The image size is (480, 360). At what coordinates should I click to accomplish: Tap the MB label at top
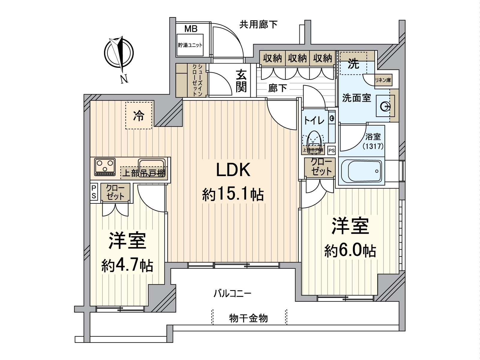click(x=191, y=29)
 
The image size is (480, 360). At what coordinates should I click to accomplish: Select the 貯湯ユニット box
click(x=190, y=45)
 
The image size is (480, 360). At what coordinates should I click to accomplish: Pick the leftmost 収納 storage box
click(x=272, y=58)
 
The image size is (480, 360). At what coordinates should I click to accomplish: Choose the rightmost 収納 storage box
click(x=322, y=58)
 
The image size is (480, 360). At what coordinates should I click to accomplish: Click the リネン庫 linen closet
click(x=383, y=80)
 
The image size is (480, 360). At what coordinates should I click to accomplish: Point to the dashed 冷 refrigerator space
click(x=139, y=115)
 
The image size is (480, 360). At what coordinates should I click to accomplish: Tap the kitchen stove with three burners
click(x=105, y=166)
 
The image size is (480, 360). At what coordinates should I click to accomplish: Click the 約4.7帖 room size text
click(x=127, y=265)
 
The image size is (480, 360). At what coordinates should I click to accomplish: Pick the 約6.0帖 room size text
click(x=350, y=251)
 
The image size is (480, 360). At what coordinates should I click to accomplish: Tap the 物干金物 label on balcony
click(x=248, y=318)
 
